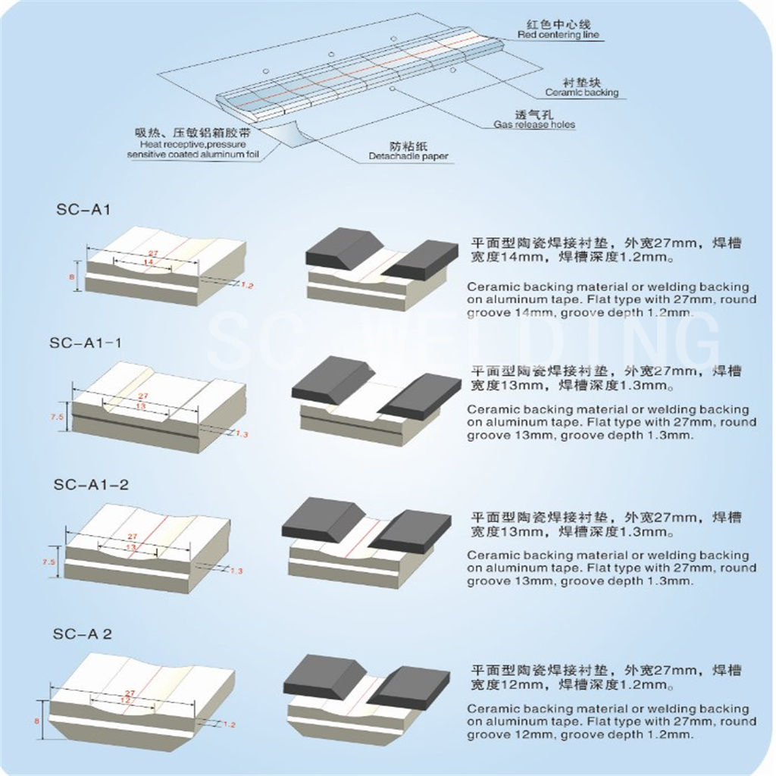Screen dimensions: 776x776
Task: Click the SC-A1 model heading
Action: coord(83,210)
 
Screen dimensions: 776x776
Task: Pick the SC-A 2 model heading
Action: coord(83,634)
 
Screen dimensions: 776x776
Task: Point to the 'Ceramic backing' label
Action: coord(581,92)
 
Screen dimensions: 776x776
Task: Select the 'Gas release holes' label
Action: coord(534,124)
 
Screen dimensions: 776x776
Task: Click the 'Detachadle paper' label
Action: coord(408,157)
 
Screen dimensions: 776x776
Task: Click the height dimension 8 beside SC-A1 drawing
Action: coord(72,278)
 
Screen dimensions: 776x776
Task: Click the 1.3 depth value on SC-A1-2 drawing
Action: coord(236,570)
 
